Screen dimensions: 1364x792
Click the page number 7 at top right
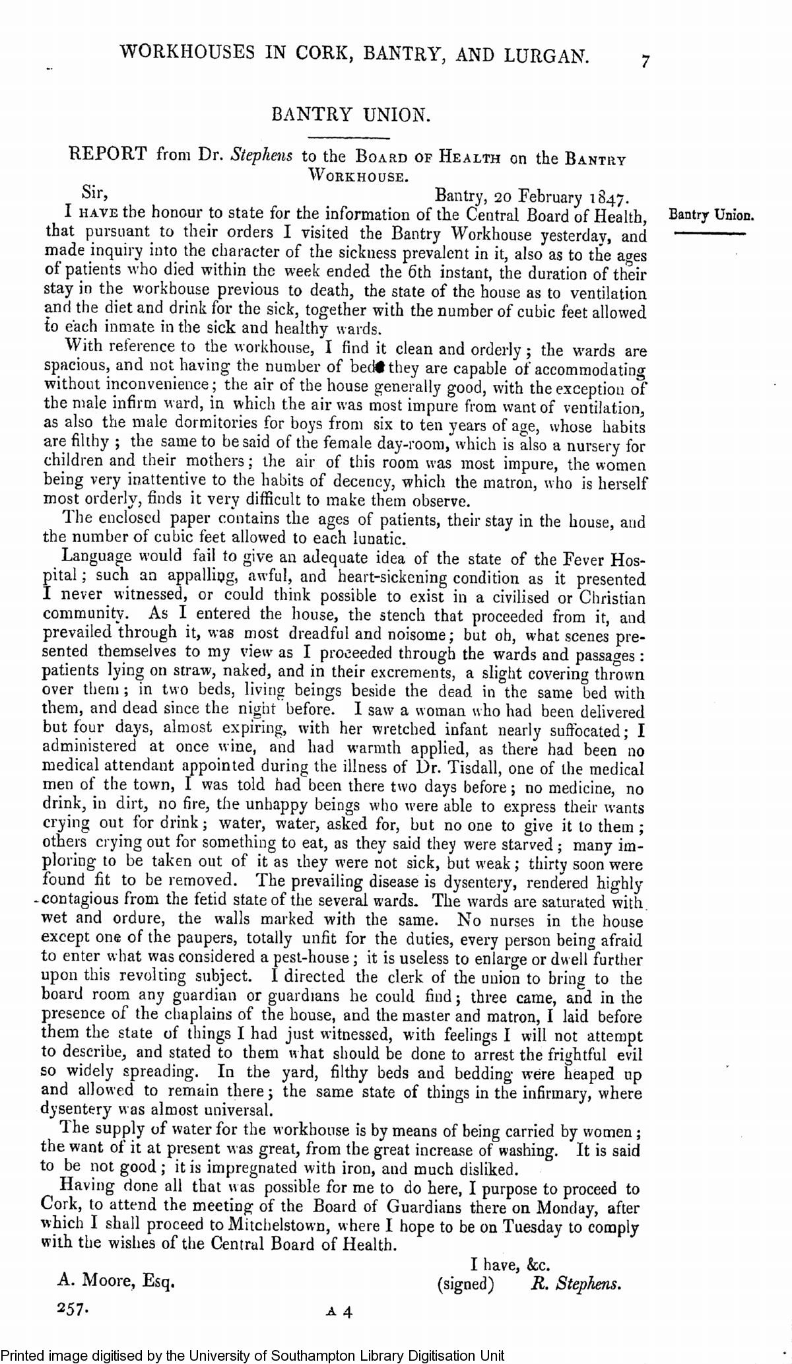click(x=645, y=61)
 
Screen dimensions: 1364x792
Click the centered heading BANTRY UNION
click(x=351, y=115)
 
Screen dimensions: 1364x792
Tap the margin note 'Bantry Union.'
click(x=711, y=215)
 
